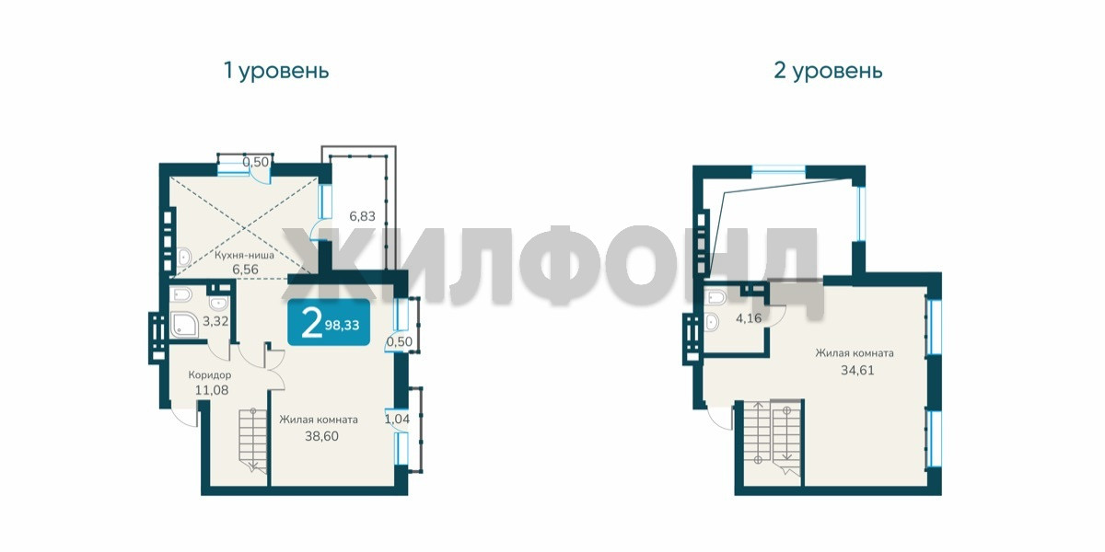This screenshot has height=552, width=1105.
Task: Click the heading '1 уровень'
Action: (x=276, y=71)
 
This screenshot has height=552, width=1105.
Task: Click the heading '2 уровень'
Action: (x=828, y=71)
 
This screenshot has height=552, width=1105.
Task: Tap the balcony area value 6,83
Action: (x=362, y=216)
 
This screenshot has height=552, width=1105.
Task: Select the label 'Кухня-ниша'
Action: (x=244, y=256)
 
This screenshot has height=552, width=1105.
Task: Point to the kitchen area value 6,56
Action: (x=245, y=269)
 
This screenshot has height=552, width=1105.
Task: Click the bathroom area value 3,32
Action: (x=215, y=321)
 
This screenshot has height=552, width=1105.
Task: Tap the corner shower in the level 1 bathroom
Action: (x=184, y=324)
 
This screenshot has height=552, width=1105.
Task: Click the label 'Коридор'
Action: (x=210, y=375)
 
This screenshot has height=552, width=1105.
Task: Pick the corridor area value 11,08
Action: (x=212, y=390)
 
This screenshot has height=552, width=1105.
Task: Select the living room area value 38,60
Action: (x=321, y=436)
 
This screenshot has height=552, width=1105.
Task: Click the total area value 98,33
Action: (x=342, y=326)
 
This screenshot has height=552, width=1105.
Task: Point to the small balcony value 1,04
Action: (x=397, y=419)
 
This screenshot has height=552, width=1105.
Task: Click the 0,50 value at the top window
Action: (x=256, y=162)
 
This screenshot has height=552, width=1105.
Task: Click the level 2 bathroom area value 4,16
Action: (x=749, y=318)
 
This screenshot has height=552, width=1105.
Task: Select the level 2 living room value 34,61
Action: (x=857, y=370)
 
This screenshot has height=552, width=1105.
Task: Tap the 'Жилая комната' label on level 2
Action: (x=855, y=353)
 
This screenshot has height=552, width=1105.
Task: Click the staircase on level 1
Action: (x=253, y=440)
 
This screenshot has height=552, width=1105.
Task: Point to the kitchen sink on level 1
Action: (x=184, y=257)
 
